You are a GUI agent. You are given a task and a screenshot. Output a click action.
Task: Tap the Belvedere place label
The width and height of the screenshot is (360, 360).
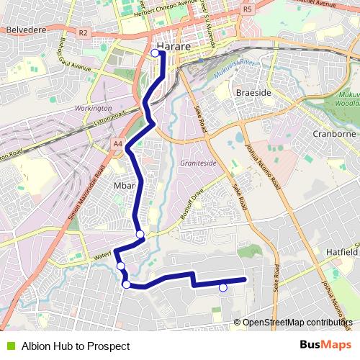[26, 30]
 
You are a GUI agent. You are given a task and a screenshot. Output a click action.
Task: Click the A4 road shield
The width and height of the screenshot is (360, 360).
[117, 143]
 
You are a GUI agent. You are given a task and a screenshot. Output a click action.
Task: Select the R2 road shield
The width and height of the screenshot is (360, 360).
[83, 32]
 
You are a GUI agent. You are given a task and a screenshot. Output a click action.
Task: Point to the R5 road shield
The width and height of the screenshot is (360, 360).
[248, 9]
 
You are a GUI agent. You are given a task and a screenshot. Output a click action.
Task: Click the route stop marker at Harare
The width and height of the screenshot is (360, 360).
[155, 52]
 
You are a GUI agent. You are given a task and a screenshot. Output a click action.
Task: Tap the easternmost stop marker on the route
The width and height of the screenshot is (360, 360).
[222, 288]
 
